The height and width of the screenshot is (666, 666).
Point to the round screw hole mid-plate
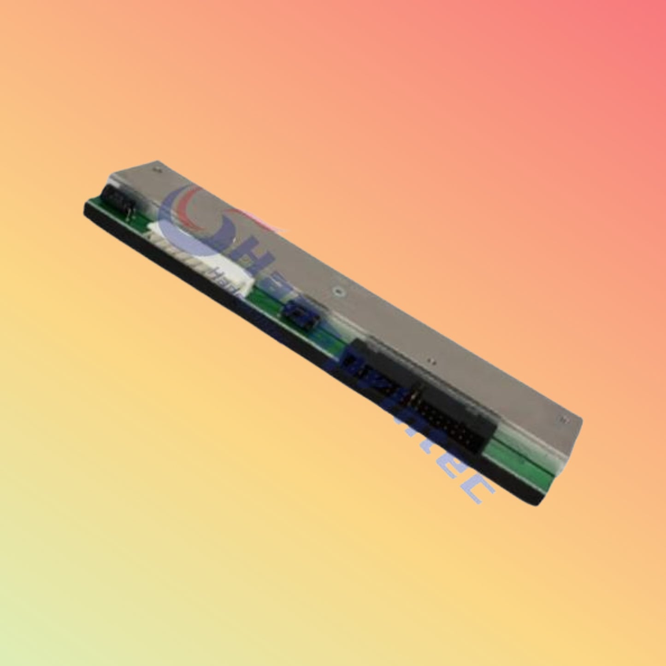click(x=339, y=292)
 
